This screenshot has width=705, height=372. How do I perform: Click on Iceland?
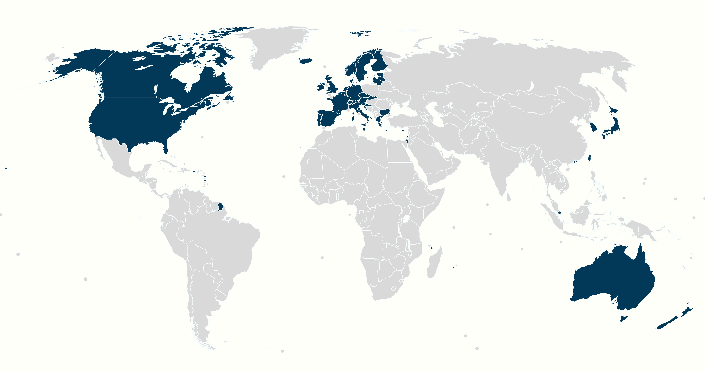point(307,61)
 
